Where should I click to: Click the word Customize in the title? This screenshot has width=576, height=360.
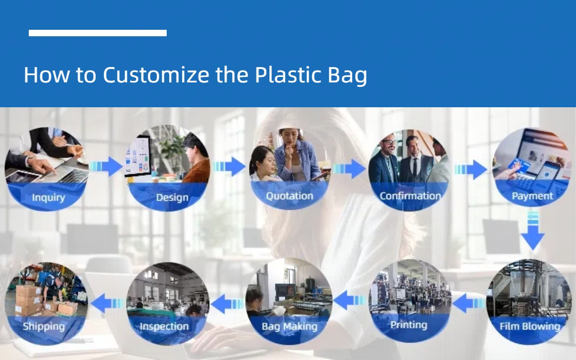coord(156,75)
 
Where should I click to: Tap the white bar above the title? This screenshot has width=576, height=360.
coord(98,33)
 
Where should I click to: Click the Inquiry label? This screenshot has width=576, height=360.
coord(49,198)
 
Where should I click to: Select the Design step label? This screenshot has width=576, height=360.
coord(172,198)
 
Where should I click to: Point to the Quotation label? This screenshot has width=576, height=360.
coord(289,196)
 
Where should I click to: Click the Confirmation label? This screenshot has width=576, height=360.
coord(410,196)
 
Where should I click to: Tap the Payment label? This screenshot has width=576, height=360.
coord(532,196)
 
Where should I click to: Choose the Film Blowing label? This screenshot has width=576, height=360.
coord(530,326)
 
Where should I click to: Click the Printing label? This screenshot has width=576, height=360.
coord(408,325)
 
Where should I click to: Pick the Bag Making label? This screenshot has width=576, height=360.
coord(289,327)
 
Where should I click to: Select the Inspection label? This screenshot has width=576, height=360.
coord(164,326)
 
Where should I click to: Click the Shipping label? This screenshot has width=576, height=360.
coord(44,326)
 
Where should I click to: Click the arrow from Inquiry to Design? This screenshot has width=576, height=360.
coord(106,166)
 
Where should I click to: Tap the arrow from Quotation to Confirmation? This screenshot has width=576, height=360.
coord(349,169)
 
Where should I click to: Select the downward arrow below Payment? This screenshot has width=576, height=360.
coord(533,231)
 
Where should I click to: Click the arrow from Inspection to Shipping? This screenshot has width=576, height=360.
coord(107,303)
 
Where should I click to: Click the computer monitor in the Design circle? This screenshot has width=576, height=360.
coord(138,157)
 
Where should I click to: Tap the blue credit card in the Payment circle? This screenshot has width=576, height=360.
coord(518,166)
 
